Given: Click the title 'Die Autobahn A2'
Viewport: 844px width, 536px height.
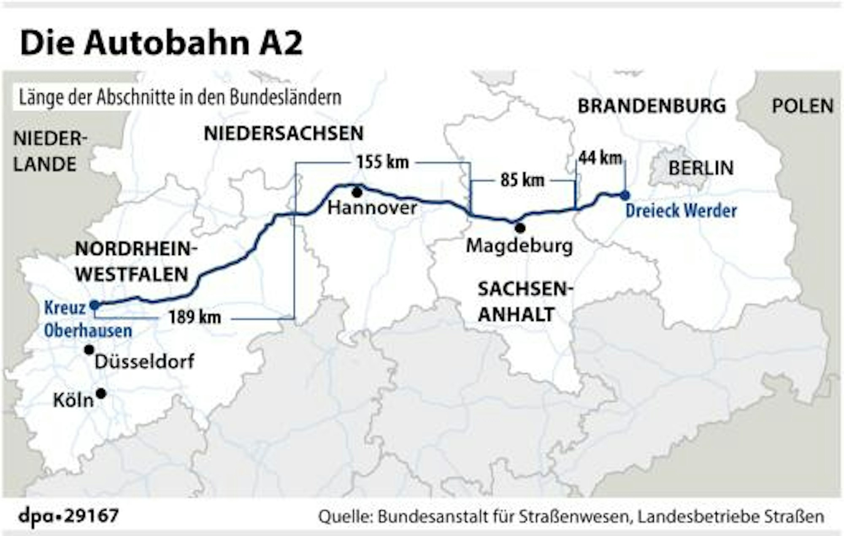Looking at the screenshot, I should [x=161, y=43].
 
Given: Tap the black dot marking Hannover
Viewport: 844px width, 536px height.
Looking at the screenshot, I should [x=357, y=193].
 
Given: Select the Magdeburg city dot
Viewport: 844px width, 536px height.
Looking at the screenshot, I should [x=520, y=228].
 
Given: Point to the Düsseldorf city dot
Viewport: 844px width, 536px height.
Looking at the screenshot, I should [x=89, y=349].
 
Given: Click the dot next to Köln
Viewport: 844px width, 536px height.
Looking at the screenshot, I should [x=101, y=393].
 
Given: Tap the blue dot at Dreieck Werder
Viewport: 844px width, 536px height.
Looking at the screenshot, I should [x=625, y=195].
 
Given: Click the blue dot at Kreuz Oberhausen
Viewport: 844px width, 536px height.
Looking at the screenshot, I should [x=95, y=304].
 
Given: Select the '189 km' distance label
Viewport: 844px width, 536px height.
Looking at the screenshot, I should [x=195, y=317].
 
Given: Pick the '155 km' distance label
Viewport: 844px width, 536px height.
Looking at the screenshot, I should [x=382, y=162].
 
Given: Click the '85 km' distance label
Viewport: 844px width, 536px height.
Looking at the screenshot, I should [x=522, y=180].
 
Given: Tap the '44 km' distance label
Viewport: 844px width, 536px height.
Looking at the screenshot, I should [x=600, y=158].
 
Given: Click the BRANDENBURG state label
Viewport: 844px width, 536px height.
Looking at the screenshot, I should [x=652, y=106].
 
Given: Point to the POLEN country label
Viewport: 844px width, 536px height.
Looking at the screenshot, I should [x=802, y=106].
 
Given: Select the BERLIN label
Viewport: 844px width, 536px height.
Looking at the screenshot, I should [x=701, y=168].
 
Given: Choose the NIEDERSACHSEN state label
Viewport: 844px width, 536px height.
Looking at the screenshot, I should [x=284, y=133].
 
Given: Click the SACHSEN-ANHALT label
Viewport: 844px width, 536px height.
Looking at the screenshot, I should [x=525, y=302].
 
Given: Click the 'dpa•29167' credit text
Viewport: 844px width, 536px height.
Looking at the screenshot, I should [x=69, y=516].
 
